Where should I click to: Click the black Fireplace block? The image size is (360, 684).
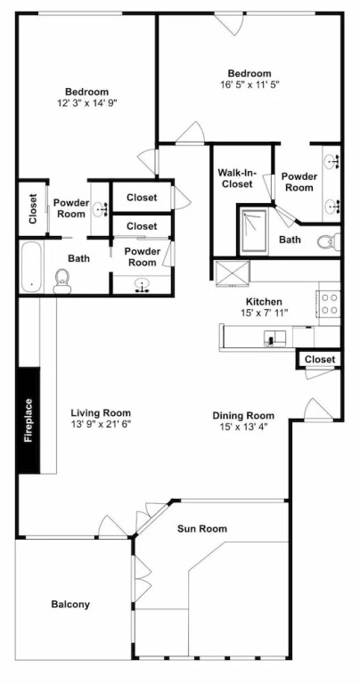29,420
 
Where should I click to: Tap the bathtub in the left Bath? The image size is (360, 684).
31,266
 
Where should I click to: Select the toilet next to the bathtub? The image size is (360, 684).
62,281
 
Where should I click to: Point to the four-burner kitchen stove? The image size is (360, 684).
329,303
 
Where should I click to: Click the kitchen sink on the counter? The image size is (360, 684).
274,338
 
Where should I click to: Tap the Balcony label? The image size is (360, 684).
70,604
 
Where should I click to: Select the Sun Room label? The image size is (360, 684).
202,529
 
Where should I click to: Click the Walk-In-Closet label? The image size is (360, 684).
236,178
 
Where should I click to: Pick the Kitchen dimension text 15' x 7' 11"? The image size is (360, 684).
264,313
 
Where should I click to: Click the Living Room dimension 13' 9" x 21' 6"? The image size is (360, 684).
101,424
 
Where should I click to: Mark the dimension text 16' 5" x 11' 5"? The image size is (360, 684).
250,85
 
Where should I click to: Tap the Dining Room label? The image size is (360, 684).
243,415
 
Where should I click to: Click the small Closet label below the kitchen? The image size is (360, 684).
320,360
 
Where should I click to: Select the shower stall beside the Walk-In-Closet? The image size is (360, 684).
253,232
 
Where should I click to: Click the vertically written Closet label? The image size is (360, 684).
33,208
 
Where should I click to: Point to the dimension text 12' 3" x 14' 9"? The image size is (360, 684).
86,103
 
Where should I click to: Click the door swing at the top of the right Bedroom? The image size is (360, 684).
230,24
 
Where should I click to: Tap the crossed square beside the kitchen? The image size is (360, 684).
232,273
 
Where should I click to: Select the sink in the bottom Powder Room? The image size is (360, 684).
143,286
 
